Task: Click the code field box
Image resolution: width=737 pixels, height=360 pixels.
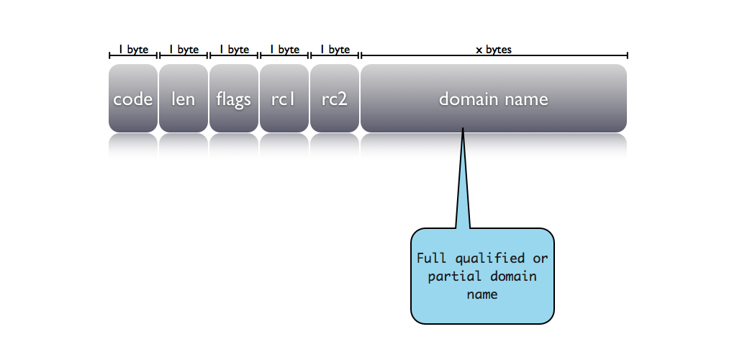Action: [133, 99]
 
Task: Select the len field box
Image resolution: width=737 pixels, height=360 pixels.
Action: [184, 99]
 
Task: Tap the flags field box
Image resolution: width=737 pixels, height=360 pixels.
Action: [234, 99]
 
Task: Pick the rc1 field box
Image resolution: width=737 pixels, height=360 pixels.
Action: [284, 99]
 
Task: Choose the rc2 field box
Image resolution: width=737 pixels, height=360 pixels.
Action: [335, 99]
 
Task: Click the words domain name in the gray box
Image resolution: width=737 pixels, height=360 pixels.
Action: [494, 99]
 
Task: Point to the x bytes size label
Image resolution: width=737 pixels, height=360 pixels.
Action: [494, 50]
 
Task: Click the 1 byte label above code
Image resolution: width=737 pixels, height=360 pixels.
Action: [133, 50]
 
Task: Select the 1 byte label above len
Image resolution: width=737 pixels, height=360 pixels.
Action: [184, 50]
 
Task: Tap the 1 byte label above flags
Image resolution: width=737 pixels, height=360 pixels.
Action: [234, 50]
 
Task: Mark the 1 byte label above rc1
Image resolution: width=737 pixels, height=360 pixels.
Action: [284, 50]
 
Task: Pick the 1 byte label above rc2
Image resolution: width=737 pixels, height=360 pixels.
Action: [335, 50]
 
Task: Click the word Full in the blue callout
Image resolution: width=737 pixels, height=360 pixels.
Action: [431, 258]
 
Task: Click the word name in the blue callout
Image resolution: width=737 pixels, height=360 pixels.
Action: [482, 294]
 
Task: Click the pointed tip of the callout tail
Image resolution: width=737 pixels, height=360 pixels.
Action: [463, 130]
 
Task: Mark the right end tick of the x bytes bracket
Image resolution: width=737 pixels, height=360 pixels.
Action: [628, 55]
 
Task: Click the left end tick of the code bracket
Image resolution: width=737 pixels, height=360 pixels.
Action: [109, 55]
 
